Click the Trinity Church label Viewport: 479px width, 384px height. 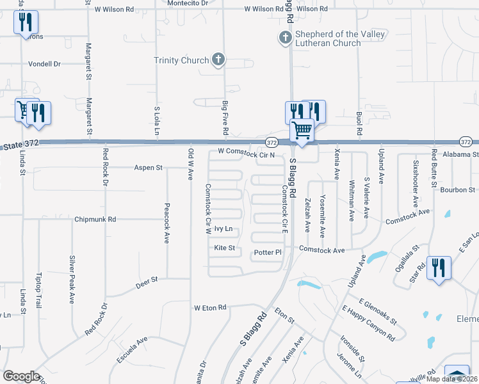coord(181,61)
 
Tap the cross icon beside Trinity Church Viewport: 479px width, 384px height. coord(218,60)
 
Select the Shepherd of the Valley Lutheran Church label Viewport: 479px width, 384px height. coord(329,38)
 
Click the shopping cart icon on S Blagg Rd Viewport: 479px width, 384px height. coord(302,131)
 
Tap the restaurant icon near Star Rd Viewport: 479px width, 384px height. coord(439,267)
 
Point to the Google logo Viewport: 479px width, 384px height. coord(21,376)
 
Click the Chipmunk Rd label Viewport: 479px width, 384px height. coord(95,219)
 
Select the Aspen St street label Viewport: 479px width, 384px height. coord(149,168)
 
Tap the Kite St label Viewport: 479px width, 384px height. coord(225,248)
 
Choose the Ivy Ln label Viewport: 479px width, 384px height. coord(223,228)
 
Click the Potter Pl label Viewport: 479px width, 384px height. coord(268,253)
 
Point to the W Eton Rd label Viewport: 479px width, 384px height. coord(211,308)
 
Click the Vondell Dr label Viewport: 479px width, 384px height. coord(44,64)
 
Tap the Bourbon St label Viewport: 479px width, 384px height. coord(457,189)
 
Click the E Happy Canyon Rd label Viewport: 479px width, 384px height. coord(368,323)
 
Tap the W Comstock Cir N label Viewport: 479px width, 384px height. coord(246,154)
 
